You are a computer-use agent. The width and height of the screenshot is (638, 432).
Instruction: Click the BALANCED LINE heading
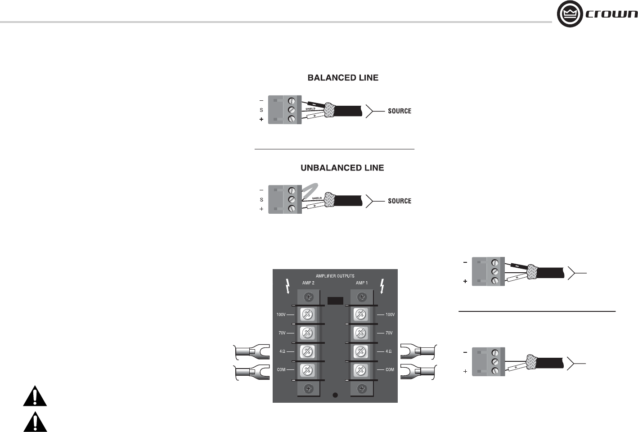click(x=343, y=78)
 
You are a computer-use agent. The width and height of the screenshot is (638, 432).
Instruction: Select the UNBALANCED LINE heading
click(x=342, y=168)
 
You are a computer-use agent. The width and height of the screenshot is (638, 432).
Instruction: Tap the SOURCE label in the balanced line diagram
click(x=400, y=111)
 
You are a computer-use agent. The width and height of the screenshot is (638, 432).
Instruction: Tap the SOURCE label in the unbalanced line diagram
click(x=400, y=201)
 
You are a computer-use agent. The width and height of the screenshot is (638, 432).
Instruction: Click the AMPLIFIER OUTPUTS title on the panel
click(x=335, y=276)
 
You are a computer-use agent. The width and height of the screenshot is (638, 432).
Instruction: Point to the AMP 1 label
click(x=362, y=283)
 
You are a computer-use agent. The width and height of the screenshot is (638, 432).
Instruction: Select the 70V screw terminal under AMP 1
click(x=360, y=333)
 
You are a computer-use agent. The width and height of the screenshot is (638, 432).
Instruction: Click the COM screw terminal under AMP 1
click(x=360, y=370)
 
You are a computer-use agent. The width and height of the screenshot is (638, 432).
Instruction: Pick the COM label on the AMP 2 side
click(x=281, y=370)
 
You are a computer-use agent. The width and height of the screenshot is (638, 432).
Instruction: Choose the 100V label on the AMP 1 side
click(x=390, y=315)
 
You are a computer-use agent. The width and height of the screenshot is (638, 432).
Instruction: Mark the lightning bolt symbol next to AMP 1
click(x=382, y=285)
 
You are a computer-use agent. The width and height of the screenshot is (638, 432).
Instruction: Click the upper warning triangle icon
click(x=35, y=396)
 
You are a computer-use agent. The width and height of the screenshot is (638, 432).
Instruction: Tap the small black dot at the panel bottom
click(x=335, y=395)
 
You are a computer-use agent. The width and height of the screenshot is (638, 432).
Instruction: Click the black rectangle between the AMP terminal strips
click(x=335, y=301)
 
